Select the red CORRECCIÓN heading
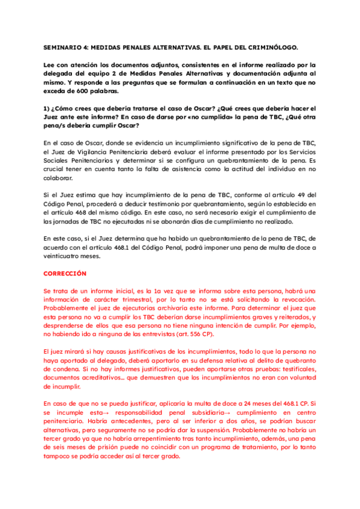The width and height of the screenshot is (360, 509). (x=65, y=273)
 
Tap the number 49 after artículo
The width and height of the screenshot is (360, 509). (x=299, y=196)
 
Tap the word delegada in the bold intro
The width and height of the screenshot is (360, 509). (x=61, y=74)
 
